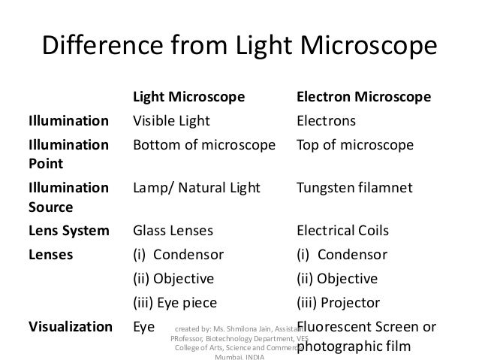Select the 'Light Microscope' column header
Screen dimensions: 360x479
click(188, 98)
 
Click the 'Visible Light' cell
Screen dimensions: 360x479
click(171, 121)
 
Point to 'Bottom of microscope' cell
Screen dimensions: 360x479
click(203, 145)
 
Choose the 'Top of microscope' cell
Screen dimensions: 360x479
click(355, 145)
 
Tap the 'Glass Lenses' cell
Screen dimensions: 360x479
click(173, 230)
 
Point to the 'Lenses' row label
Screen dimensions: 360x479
click(51, 254)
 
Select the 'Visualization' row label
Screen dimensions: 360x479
click(70, 327)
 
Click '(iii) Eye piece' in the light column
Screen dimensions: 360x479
click(175, 303)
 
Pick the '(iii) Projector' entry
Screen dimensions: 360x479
click(339, 303)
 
